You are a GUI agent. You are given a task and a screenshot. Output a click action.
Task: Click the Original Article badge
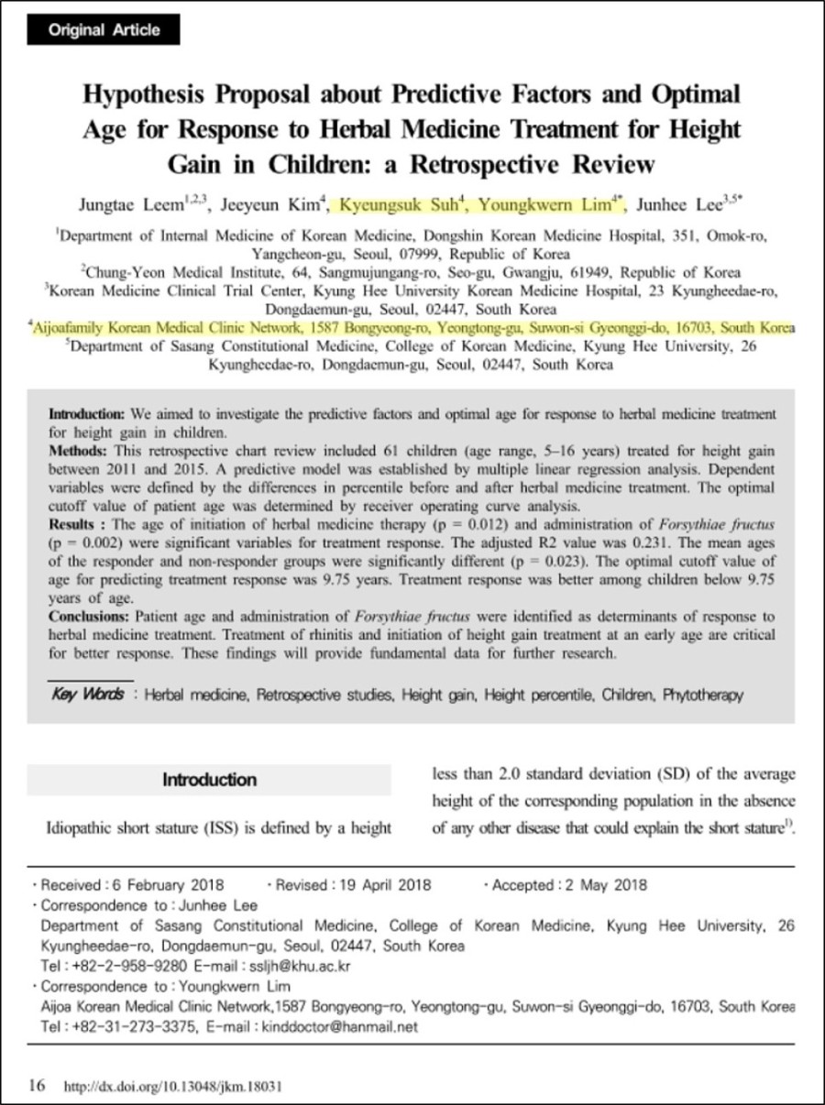[104, 30]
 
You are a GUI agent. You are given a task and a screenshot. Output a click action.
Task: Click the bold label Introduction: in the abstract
[88, 415]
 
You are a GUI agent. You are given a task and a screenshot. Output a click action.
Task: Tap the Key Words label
[88, 694]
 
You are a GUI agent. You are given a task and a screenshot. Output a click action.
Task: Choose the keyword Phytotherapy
[703, 695]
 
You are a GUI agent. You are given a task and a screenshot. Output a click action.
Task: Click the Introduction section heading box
[210, 781]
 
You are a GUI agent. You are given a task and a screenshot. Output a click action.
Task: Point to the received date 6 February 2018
[165, 885]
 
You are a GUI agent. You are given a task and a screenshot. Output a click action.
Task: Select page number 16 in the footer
[37, 1086]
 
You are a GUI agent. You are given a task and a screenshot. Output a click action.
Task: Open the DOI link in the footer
[172, 1087]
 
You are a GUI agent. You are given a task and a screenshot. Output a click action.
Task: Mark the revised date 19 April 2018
[379, 885]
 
